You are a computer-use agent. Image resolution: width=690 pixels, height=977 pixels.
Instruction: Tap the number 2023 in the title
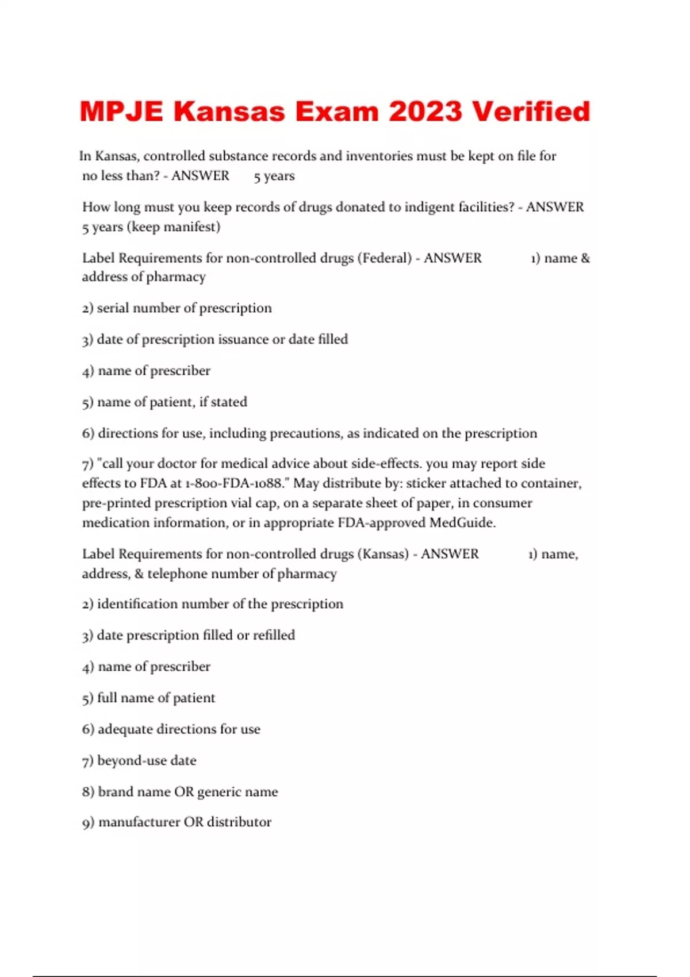coord(425,111)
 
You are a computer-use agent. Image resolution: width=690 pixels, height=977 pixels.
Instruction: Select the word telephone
coord(183,574)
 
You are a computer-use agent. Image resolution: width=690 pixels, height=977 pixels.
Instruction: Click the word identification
coord(147,604)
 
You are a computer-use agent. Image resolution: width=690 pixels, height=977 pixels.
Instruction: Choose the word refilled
coord(274,635)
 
